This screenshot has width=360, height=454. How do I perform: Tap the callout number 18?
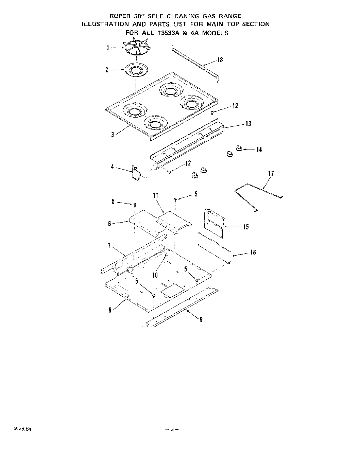point(220,60)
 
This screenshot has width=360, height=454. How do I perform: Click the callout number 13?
point(248,124)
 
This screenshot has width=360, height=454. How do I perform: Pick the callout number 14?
point(259,150)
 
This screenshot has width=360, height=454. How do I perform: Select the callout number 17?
point(271,174)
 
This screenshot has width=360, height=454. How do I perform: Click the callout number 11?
point(156,195)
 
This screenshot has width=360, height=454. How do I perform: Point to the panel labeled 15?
point(214,223)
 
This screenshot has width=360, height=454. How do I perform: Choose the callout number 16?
point(253,252)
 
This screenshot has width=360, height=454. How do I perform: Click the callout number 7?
point(109,245)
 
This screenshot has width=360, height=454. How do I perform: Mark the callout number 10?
point(155,275)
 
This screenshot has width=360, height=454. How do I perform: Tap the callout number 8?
point(110,311)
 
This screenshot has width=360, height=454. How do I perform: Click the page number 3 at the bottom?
point(172,429)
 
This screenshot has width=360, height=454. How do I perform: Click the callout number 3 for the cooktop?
point(112,134)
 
